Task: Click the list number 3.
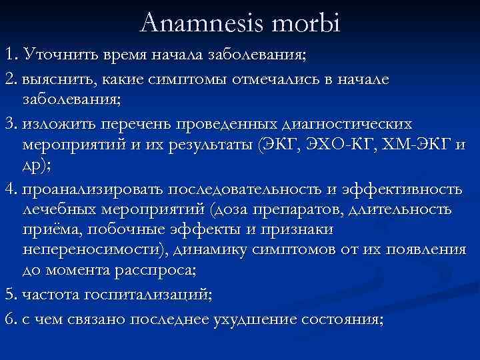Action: coord(9,124)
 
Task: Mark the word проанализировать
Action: coord(93,189)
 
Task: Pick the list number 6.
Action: coord(9,319)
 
